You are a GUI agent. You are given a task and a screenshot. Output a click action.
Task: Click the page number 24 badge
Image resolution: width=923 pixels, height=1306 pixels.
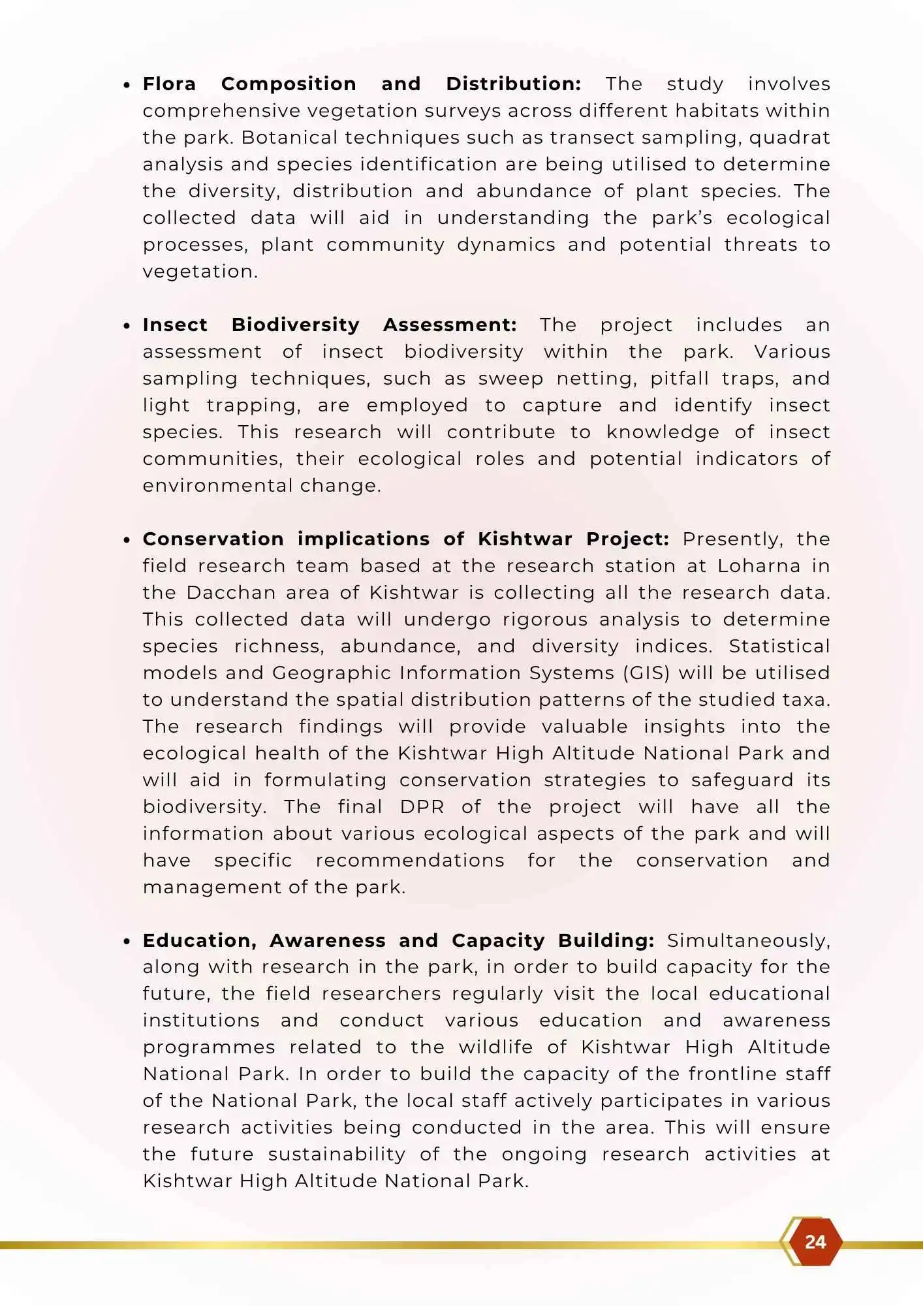[x=815, y=1241]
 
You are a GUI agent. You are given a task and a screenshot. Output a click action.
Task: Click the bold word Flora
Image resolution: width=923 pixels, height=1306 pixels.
[x=169, y=84]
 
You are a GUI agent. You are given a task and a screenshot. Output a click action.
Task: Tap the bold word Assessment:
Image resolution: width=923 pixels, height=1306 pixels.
[x=450, y=325]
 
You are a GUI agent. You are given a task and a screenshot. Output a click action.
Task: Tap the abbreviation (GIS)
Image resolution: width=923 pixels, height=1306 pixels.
[x=646, y=673]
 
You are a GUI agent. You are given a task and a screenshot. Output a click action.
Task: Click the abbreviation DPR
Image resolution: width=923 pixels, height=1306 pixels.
[x=422, y=807]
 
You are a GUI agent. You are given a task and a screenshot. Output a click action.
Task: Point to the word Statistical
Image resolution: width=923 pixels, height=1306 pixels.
[x=779, y=646]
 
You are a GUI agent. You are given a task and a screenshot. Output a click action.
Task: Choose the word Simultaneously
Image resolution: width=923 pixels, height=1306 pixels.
[x=748, y=941]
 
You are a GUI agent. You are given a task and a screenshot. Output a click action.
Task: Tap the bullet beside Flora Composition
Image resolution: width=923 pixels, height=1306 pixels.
[x=127, y=85]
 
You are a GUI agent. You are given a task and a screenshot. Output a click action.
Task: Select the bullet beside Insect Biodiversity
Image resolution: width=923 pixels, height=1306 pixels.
[x=127, y=326]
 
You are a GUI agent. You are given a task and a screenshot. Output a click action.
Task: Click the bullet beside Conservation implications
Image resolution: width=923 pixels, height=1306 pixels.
[x=127, y=540]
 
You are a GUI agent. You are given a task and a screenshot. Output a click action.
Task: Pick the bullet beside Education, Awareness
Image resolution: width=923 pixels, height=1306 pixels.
[x=127, y=942]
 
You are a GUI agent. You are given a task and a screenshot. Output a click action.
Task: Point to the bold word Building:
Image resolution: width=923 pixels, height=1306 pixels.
[x=606, y=941]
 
